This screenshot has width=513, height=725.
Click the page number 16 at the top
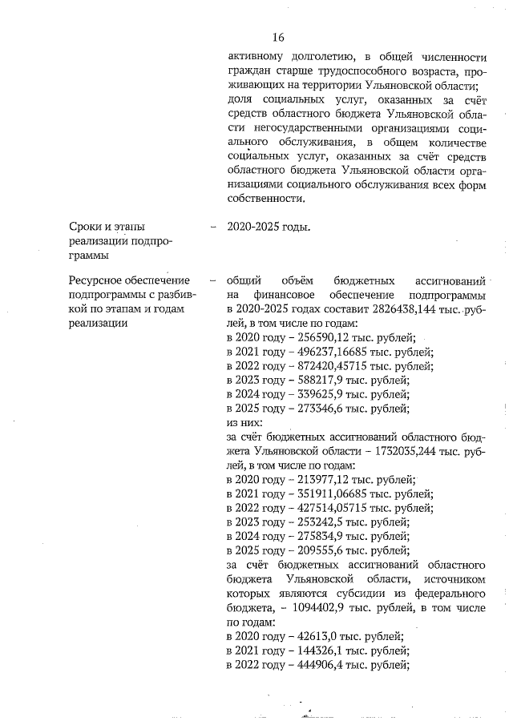(278, 37)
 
